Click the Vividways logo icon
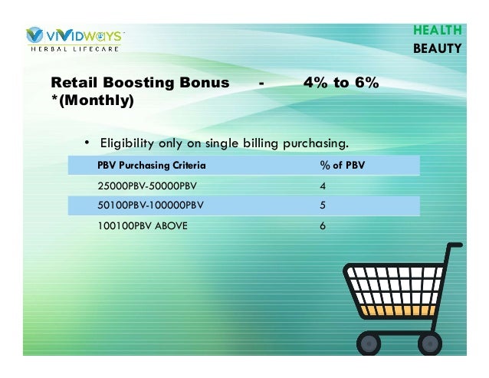click(35, 35)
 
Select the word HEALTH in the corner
click(438, 31)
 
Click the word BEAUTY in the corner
click(438, 48)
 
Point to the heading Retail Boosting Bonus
click(139, 83)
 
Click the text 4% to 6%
click(341, 83)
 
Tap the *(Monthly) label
click(91, 100)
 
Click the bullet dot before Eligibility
click(87, 143)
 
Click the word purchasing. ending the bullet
click(316, 143)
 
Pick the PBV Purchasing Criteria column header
click(151, 165)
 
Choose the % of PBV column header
click(342, 165)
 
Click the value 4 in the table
click(323, 186)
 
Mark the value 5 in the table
click(323, 205)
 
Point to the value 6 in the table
click(323, 226)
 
